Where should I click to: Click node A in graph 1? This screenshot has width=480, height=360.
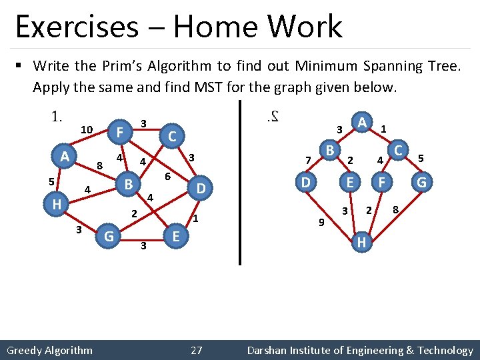pyautogui.click(x=64, y=157)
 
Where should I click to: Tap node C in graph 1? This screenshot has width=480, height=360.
pyautogui.click(x=171, y=137)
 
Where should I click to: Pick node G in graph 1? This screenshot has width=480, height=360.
pyautogui.click(x=108, y=235)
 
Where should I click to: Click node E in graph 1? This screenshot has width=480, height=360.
pyautogui.click(x=175, y=235)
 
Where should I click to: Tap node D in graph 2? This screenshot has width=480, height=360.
pyautogui.click(x=306, y=181)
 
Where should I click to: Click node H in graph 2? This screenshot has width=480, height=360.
pyautogui.click(x=361, y=242)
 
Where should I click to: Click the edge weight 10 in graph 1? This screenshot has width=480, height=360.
pyautogui.click(x=86, y=129)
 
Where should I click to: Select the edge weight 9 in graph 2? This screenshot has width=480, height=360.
pyautogui.click(x=320, y=222)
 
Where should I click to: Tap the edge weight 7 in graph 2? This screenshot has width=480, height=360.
pyautogui.click(x=307, y=160)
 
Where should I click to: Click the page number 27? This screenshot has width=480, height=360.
pyautogui.click(x=197, y=350)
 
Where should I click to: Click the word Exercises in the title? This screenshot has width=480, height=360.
pyautogui.click(x=76, y=27)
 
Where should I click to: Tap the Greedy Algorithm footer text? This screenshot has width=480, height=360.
pyautogui.click(x=49, y=350)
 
